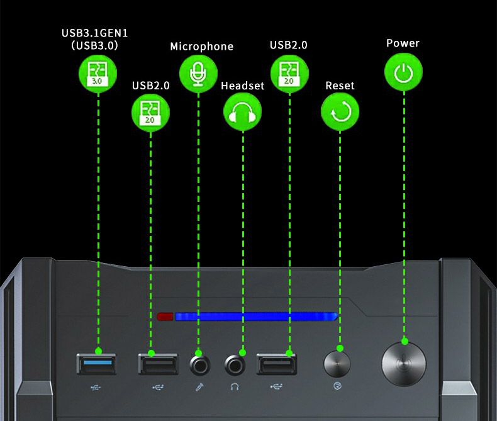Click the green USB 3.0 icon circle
tap(98, 73)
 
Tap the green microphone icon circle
tap(198, 73)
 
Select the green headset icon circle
tap(242, 112)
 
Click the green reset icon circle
tap(340, 112)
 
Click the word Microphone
tap(201, 47)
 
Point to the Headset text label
tap(243, 86)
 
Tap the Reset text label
tap(340, 86)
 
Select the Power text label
tap(403, 43)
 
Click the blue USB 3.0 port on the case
tap(97, 364)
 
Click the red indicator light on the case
tap(165, 316)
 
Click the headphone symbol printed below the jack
tap(235, 387)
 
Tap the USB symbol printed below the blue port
tap(95, 387)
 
